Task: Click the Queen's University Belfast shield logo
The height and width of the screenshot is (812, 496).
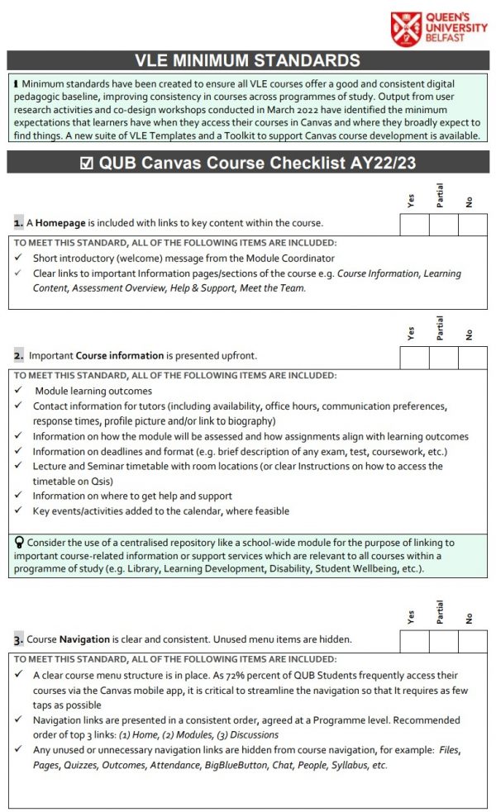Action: point(407,29)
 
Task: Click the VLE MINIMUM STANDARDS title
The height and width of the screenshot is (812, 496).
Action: point(247,60)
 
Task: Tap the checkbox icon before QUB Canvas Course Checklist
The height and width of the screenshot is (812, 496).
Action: point(88,163)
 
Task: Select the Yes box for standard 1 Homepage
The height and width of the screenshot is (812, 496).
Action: point(414,224)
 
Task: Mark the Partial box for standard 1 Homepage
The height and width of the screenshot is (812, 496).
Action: point(443,224)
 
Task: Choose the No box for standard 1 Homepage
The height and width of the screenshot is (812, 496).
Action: point(473,224)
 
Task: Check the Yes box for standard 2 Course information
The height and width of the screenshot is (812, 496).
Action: point(414,357)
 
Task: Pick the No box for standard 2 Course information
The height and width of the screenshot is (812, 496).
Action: point(473,357)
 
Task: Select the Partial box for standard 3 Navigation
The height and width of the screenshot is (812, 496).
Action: point(443,640)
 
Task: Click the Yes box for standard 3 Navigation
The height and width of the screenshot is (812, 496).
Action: point(414,640)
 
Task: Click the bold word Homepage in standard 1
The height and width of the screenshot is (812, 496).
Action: point(63,223)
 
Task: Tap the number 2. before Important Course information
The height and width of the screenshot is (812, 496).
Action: point(18,356)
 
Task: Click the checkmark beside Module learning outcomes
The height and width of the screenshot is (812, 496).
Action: point(19,391)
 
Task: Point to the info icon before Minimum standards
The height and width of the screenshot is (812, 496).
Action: point(17,84)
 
